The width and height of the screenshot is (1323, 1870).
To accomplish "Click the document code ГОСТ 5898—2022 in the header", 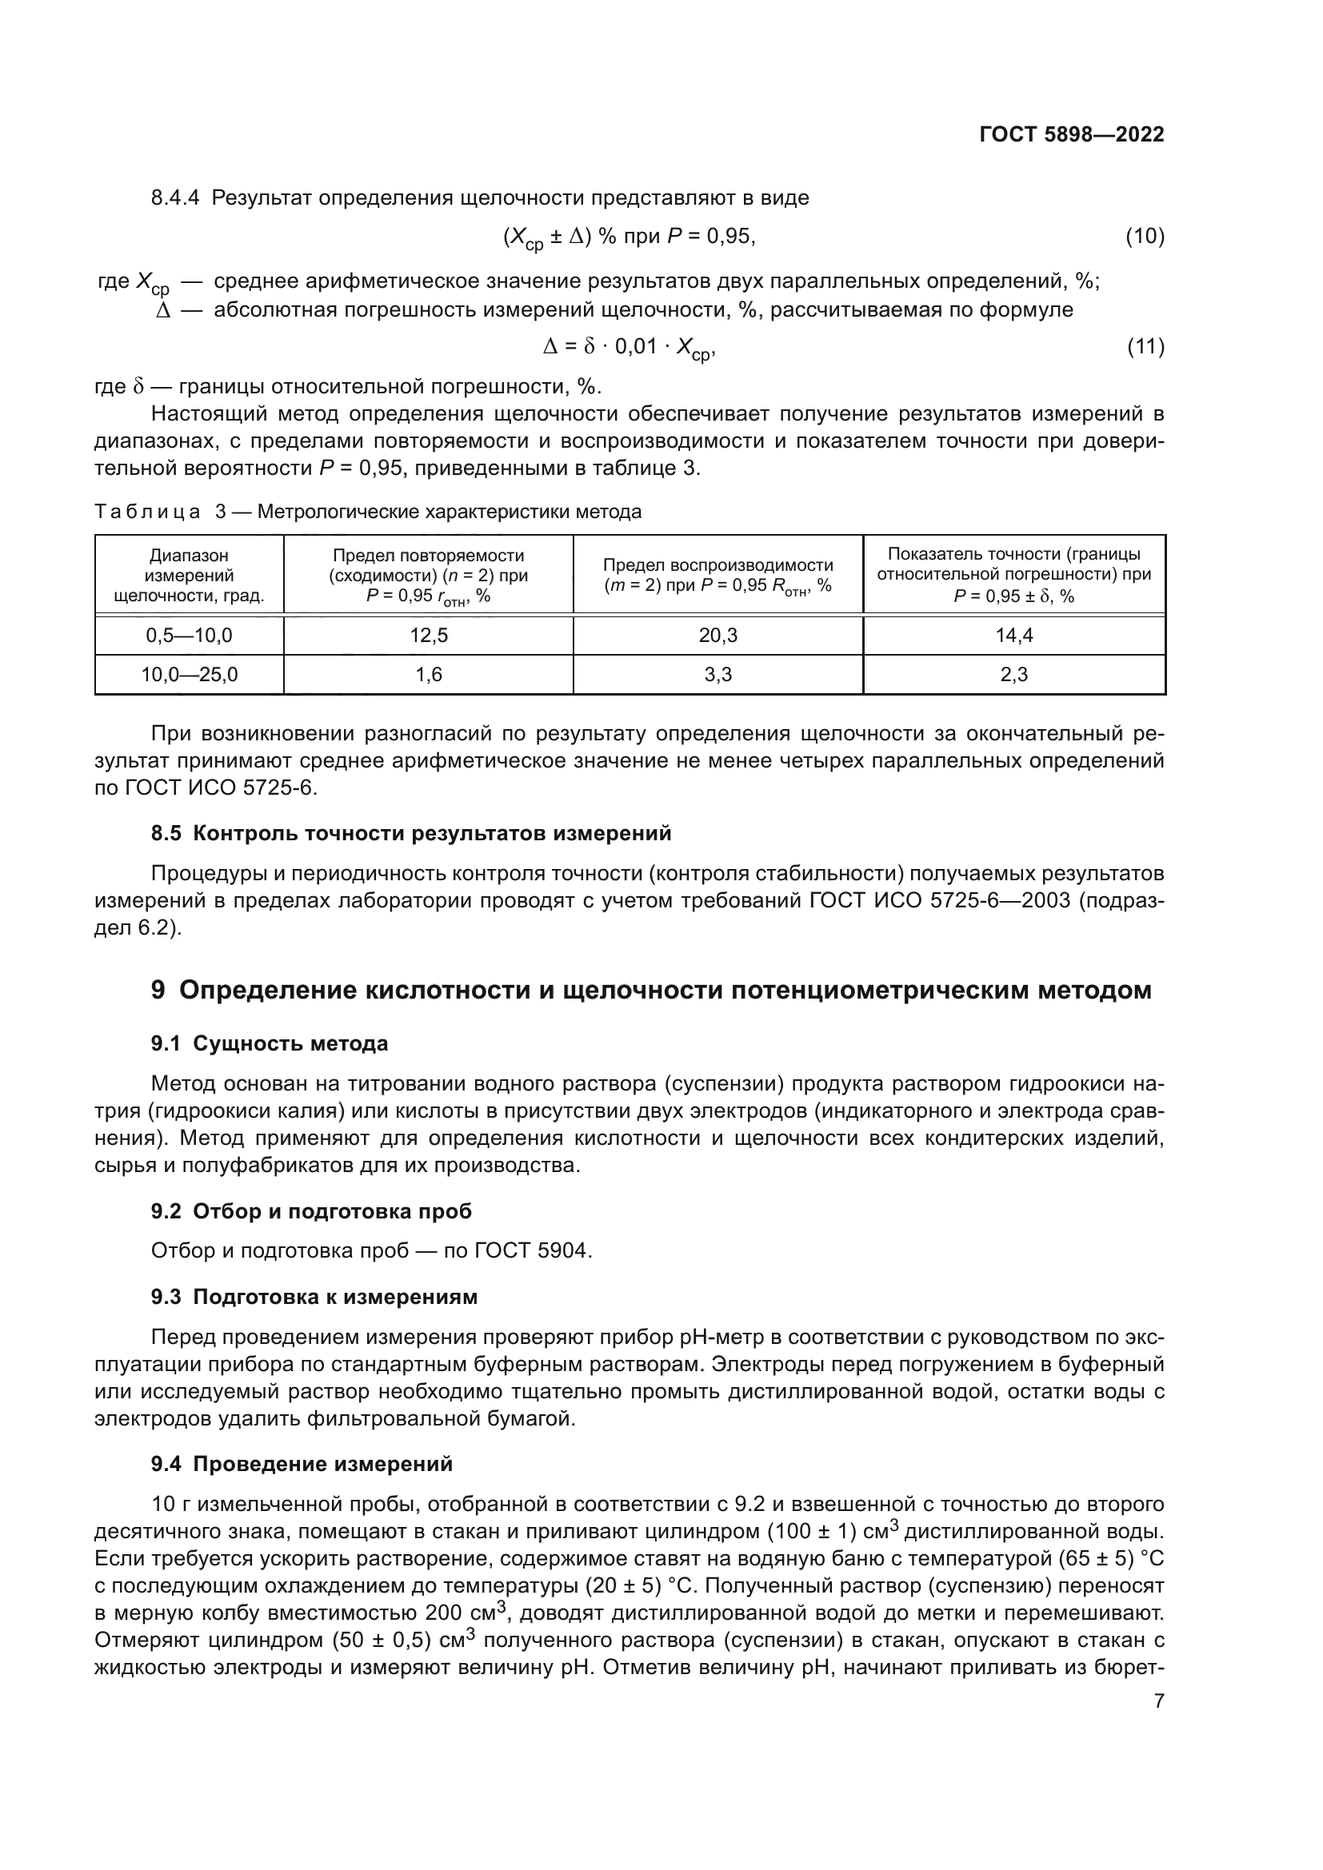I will tap(1071, 134).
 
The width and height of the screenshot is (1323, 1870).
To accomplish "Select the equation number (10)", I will tap(1145, 237).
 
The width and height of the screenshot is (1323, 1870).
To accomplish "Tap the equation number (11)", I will tap(1145, 347).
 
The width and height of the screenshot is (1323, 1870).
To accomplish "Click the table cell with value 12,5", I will tap(429, 636).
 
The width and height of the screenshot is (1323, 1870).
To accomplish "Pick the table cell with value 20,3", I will tap(717, 636).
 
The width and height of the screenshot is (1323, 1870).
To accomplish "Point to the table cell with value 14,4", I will tap(1013, 636).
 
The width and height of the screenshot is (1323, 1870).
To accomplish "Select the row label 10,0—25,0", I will tap(189, 675).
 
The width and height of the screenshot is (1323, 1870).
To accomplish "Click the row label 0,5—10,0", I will tap(189, 636).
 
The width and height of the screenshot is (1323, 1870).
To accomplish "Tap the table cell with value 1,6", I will tap(429, 675).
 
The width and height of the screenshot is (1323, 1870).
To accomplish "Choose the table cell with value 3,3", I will tap(717, 675).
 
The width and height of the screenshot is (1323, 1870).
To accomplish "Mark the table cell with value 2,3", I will tap(1013, 675).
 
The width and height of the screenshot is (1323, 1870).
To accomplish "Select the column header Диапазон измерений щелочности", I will tap(189, 575).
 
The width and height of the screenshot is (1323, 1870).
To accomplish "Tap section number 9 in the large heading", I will tap(158, 991).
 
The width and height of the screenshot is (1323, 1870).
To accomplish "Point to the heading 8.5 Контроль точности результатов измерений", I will tap(411, 833).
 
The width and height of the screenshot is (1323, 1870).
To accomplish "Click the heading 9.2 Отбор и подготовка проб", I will tap(311, 1211).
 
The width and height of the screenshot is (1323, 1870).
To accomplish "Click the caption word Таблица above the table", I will tap(147, 512).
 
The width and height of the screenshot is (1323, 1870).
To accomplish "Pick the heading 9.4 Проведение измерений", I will tap(302, 1464).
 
